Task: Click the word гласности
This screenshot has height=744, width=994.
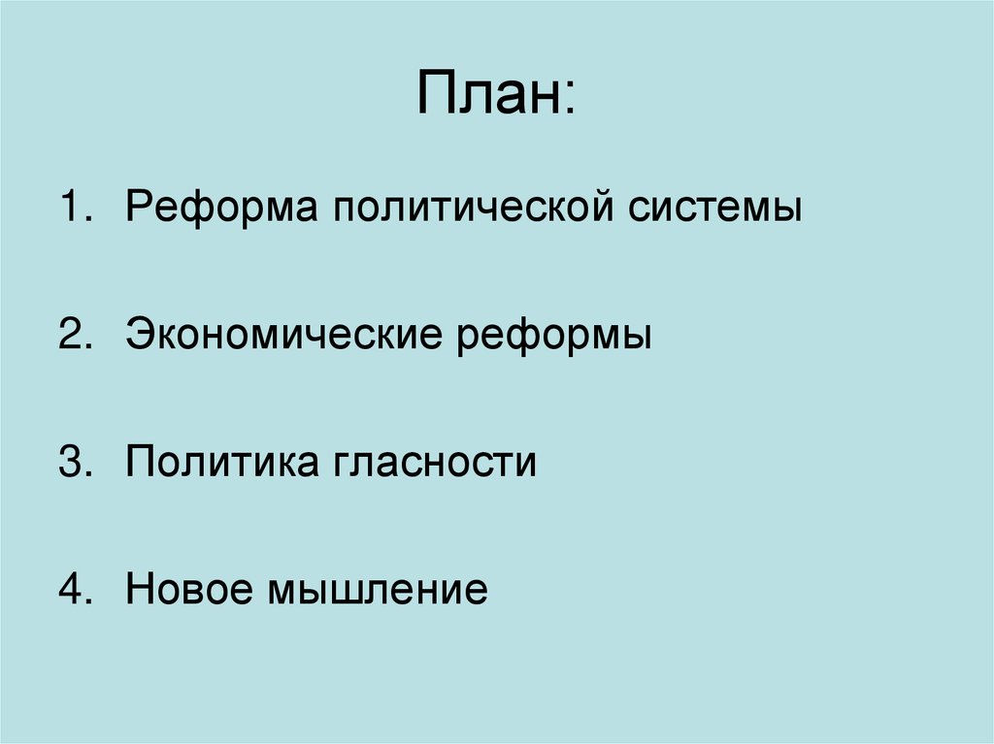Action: (437, 463)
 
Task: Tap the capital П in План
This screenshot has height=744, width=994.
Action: (436, 94)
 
